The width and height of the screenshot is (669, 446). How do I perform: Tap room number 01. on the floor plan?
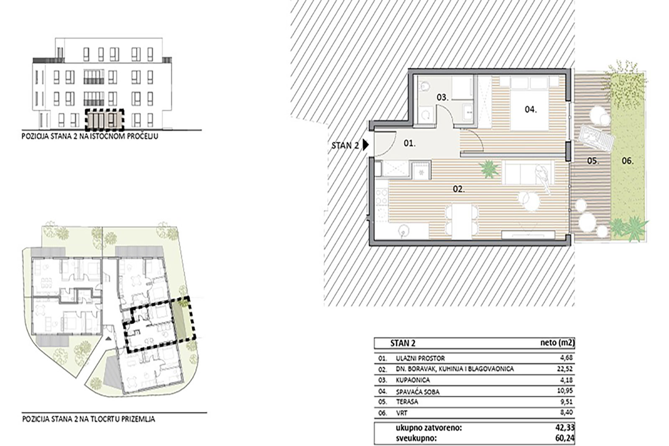[410, 143]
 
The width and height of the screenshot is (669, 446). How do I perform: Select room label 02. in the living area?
[459, 189]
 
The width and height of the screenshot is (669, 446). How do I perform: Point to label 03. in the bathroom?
[443, 97]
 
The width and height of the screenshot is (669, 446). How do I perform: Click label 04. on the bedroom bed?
[531, 110]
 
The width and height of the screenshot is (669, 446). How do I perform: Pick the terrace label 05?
[593, 161]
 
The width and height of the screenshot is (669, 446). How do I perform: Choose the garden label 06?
[628, 161]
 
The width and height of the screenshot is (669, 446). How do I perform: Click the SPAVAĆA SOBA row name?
[418, 392]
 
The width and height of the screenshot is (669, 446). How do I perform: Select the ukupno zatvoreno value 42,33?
[565, 428]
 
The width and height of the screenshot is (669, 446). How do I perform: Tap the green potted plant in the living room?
[489, 168]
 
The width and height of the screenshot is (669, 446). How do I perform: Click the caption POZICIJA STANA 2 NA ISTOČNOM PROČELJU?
[90, 136]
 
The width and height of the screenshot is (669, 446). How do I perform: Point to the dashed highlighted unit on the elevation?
[104, 120]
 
